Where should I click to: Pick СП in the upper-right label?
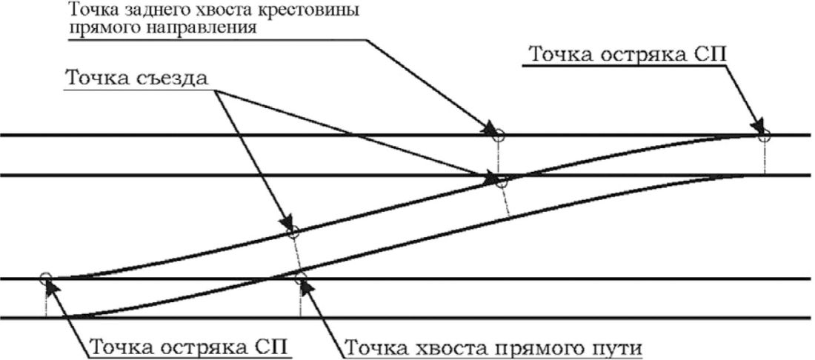point(714,55)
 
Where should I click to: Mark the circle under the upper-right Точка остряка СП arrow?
point(764,136)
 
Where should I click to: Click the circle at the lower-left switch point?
point(46,279)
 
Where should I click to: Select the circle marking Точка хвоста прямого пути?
point(300,279)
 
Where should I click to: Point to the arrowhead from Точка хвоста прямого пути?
point(305,285)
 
